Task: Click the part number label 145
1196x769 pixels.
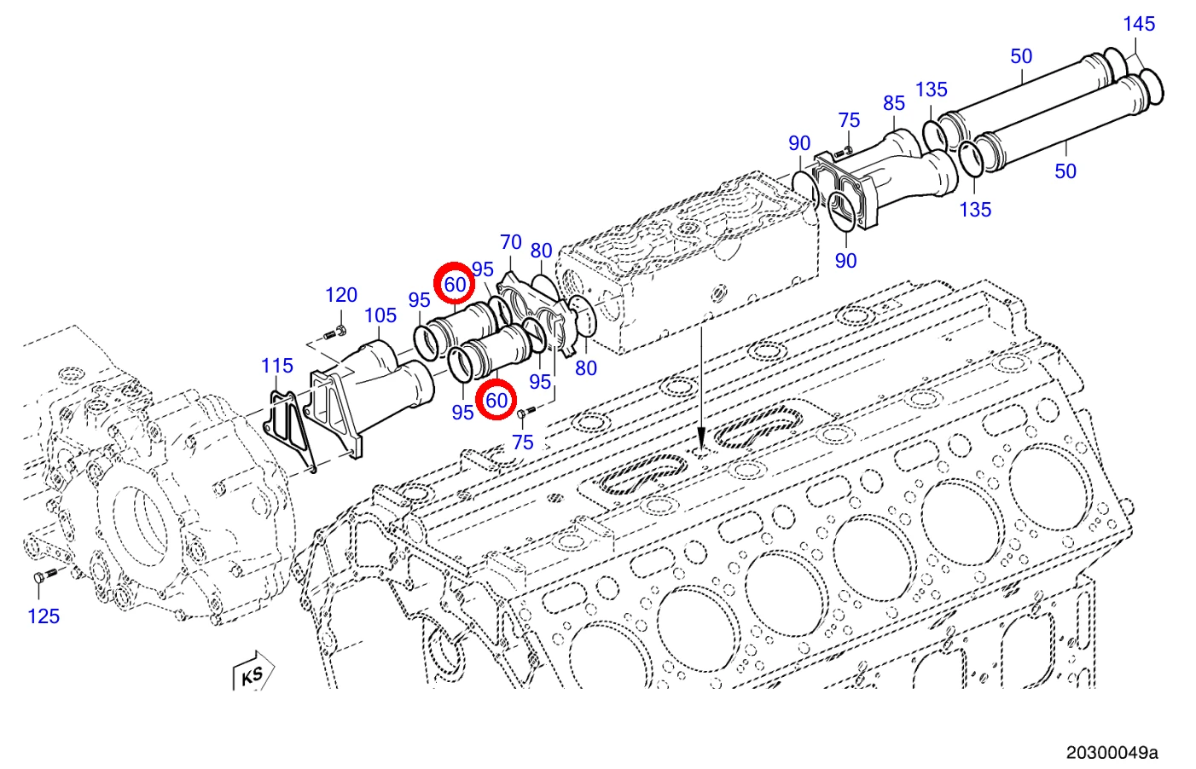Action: [1139, 24]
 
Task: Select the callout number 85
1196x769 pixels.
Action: [894, 103]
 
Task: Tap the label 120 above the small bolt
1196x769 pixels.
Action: [341, 295]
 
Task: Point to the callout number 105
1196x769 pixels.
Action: [380, 316]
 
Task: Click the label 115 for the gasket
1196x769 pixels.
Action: [276, 366]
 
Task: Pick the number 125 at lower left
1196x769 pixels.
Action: [44, 617]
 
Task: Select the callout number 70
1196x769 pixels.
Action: [510, 242]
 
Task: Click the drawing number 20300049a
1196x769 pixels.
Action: [1112, 753]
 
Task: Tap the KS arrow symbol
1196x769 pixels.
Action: [253, 671]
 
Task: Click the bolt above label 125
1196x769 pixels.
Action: [45, 575]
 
